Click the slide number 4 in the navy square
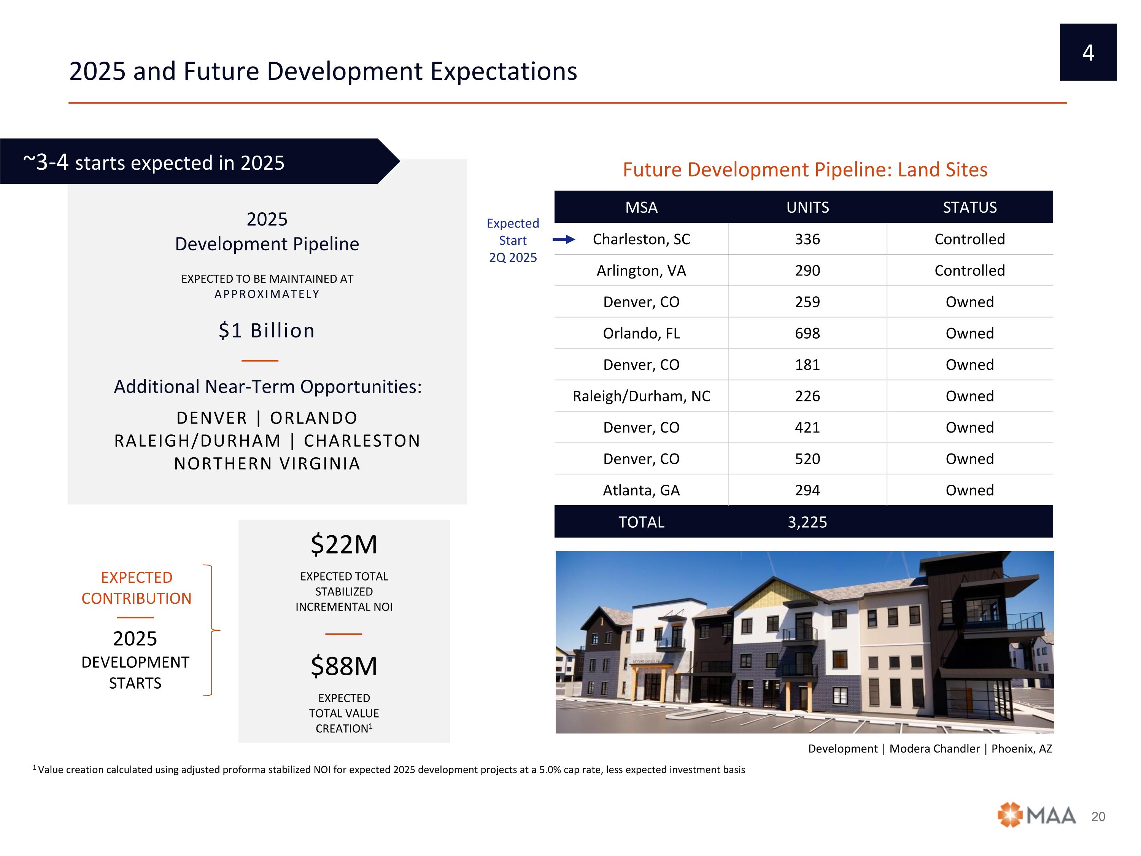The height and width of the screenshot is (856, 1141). [x=1088, y=53]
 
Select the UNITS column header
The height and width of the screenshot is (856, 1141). [x=807, y=207]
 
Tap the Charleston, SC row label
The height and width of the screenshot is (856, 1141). [x=641, y=239]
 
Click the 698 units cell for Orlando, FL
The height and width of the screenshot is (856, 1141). [x=807, y=333]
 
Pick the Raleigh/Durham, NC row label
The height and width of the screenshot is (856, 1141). [x=641, y=396]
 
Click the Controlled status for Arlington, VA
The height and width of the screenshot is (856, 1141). [x=969, y=271]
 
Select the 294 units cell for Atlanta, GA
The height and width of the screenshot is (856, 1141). [x=807, y=490]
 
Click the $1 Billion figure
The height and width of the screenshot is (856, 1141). [x=267, y=331]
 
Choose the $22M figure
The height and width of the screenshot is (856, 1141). [x=344, y=545]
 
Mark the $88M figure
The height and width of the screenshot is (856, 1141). [x=344, y=666]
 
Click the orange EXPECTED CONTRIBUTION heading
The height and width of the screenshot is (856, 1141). [x=137, y=588]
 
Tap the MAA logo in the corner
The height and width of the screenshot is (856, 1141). [x=1036, y=815]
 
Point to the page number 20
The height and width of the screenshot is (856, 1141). [x=1098, y=817]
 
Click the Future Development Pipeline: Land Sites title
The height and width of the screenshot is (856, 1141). [x=805, y=170]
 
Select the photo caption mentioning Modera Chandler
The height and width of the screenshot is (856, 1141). [x=930, y=749]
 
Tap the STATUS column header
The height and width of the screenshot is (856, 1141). [x=969, y=207]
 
